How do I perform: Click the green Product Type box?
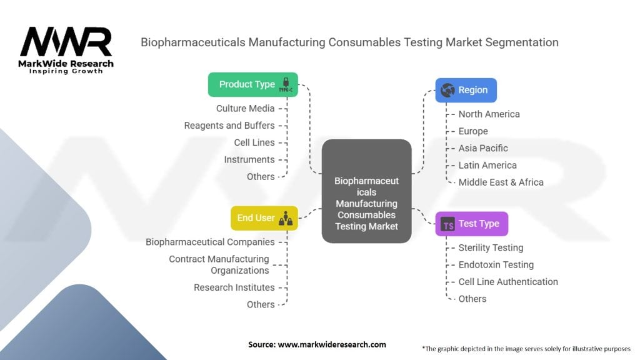coord(252,84)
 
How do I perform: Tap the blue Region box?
coord(466,90)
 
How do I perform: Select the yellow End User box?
coord(264,218)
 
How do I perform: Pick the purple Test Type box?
coord(471,224)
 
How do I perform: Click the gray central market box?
coord(366,191)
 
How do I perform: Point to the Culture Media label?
coord(245,109)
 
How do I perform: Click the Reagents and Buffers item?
coord(229,126)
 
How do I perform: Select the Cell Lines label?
coord(254,143)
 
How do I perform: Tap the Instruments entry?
coord(249,159)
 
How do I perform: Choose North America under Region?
coord(489,114)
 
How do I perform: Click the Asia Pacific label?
coord(483,148)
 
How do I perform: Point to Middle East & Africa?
coord(501,182)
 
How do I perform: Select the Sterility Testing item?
coord(491,247)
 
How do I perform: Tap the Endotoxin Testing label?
coord(496,265)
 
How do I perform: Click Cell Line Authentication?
coord(508,282)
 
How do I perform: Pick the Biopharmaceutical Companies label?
coord(210,242)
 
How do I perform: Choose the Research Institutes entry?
coord(234,287)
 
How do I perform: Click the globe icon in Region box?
coord(447,90)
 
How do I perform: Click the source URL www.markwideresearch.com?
coord(332,344)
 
